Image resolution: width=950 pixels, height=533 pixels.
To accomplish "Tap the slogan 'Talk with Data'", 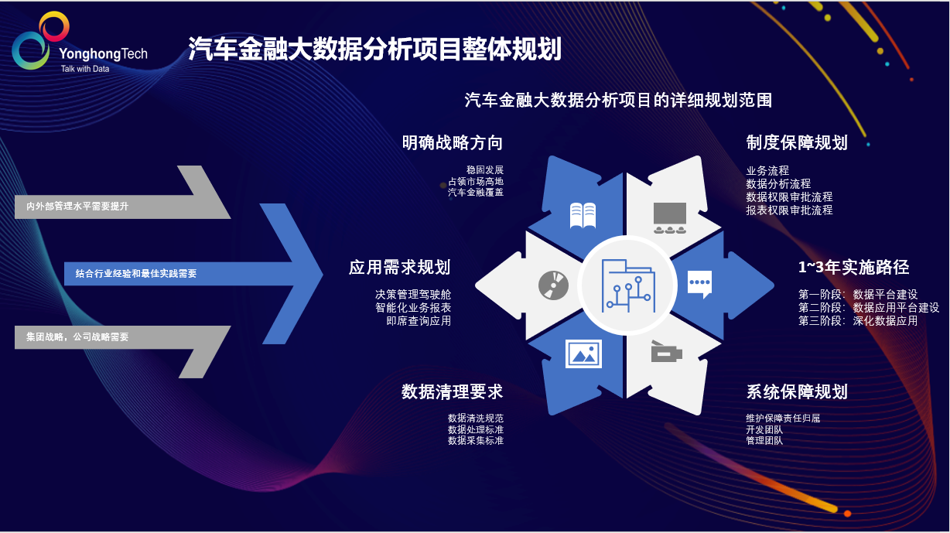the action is [85, 69].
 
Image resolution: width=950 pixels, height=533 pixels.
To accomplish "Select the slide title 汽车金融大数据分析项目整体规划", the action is [374, 49].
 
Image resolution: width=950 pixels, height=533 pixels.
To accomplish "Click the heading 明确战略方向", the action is [452, 143].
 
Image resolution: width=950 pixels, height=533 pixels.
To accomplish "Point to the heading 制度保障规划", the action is [797, 143].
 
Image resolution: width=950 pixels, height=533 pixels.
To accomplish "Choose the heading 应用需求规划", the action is [399, 268].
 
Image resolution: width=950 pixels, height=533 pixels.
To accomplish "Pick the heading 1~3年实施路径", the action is [853, 268].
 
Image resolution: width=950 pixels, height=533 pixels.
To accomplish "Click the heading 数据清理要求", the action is [452, 392].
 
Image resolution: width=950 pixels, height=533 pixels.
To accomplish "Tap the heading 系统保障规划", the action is [797, 392].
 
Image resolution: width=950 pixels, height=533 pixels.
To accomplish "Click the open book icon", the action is [583, 215].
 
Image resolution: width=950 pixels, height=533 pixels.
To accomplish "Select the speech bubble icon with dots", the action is [699, 284].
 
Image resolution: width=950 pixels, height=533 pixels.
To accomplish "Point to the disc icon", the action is [554, 285].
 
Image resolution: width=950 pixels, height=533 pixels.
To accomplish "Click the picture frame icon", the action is [583, 354].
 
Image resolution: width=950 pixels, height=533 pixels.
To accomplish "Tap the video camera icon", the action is [665, 353].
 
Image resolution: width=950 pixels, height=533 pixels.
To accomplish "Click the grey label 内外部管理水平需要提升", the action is [77, 207].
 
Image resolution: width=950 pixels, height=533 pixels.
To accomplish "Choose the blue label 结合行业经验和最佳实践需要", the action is [136, 273].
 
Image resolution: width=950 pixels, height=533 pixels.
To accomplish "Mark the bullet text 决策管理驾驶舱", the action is [413, 295].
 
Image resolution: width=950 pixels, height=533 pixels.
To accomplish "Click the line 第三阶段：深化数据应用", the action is [858, 321].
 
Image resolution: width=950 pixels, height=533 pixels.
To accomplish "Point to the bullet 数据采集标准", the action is [476, 441].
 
